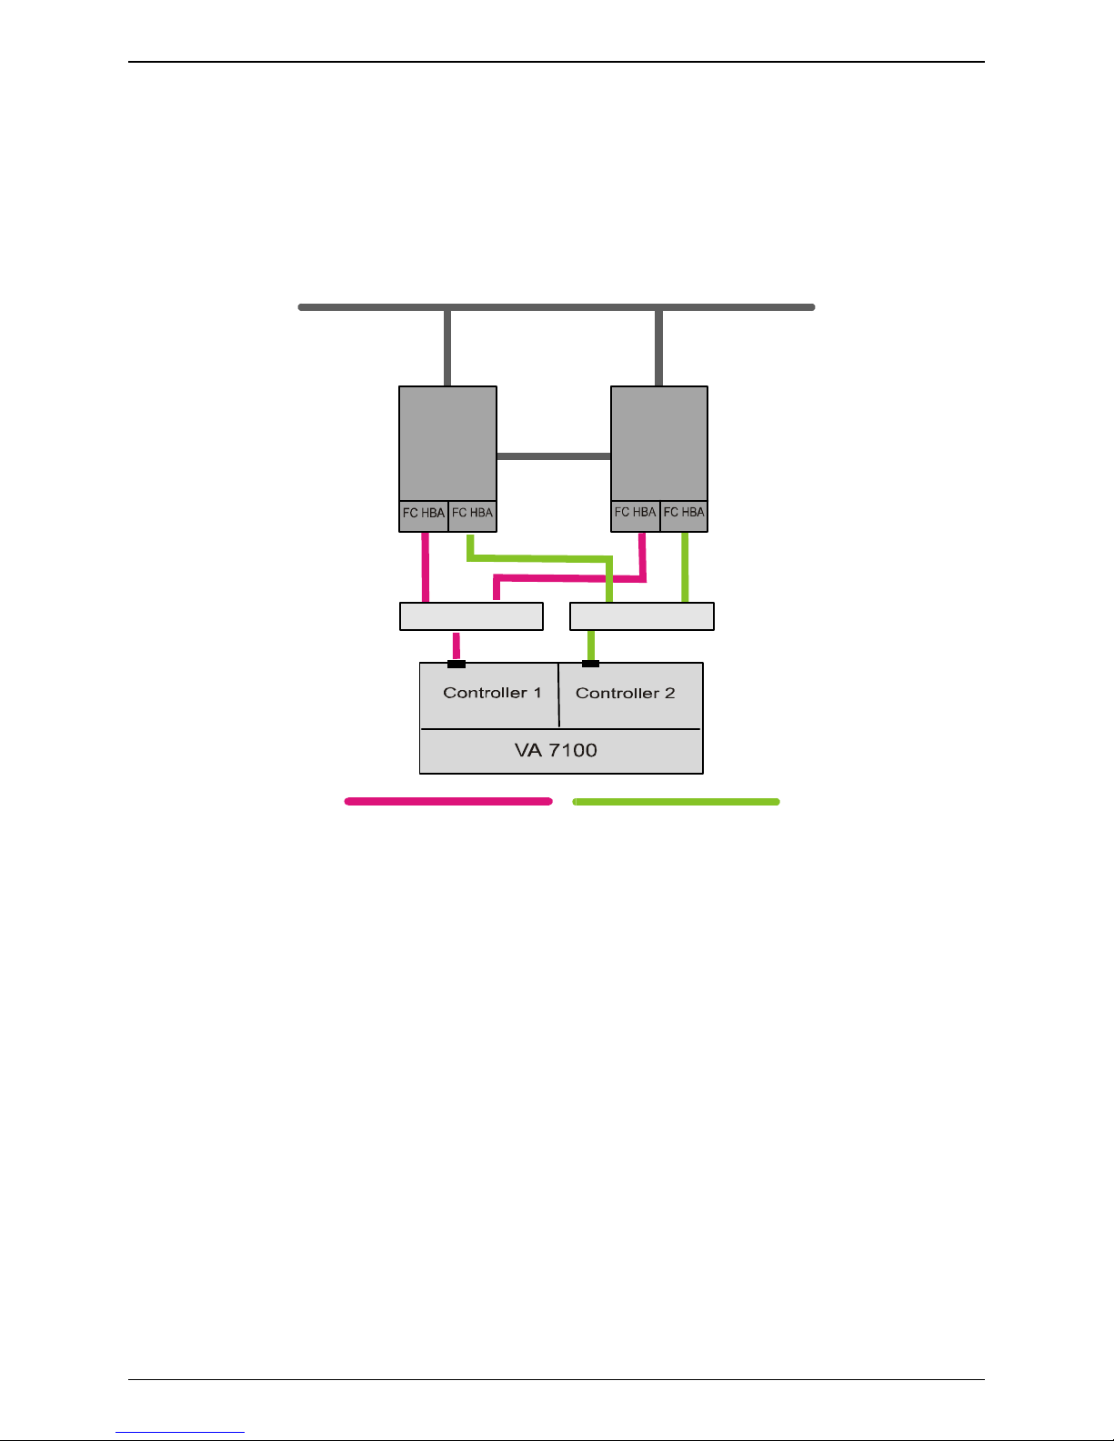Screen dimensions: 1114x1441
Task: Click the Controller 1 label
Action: [492, 693]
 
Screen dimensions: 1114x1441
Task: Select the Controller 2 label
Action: [625, 693]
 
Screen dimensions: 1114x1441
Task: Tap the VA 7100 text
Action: [556, 751]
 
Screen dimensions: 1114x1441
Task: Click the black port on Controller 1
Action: [457, 664]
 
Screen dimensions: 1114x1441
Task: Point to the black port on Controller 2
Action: [590, 664]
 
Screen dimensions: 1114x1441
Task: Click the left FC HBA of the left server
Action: [424, 513]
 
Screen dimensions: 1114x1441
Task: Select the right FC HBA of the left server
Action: [473, 513]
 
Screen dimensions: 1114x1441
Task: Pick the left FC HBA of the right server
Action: [635, 512]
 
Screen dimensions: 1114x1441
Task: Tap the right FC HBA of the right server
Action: [684, 512]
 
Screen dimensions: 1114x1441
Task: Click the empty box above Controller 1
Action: [471, 615]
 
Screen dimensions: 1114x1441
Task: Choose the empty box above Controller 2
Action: [641, 615]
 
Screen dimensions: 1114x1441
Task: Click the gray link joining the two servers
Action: [553, 456]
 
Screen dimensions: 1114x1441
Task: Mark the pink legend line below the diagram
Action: [448, 802]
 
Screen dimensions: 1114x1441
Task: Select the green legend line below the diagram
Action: [676, 802]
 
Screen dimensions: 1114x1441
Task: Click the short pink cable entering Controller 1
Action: [457, 645]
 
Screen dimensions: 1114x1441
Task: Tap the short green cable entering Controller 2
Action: [591, 645]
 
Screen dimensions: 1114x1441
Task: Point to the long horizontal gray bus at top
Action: [557, 307]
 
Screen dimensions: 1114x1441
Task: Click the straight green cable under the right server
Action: [685, 566]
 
